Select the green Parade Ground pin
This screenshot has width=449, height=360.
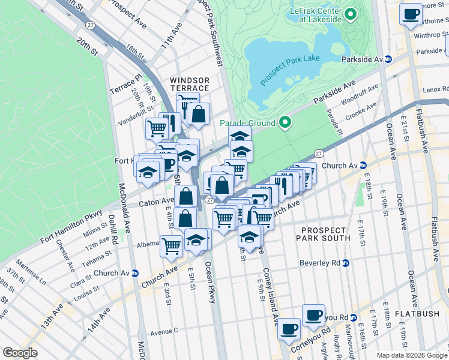(285, 123)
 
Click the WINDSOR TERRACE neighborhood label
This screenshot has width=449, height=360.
(190, 85)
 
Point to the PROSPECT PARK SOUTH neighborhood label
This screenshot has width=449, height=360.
(324, 234)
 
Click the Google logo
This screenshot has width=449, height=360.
(20, 352)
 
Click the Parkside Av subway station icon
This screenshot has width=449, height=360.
(388, 59)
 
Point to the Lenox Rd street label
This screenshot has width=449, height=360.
(435, 89)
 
